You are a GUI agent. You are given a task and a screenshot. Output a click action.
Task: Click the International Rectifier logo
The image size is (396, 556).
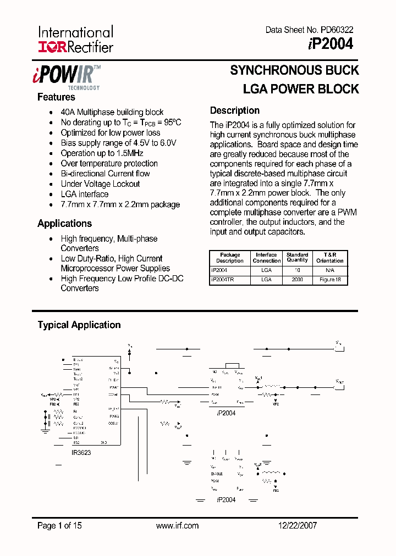[x=75, y=40]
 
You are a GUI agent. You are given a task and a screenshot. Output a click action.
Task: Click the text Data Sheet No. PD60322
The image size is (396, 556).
[x=309, y=30]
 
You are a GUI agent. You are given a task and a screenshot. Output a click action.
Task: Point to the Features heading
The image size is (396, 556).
[x=56, y=97]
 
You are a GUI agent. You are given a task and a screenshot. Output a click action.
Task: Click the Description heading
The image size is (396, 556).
[x=235, y=110]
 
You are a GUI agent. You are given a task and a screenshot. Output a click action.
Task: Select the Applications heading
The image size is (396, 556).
[x=64, y=224]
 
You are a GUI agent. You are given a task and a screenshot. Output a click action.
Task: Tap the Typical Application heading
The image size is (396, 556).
[x=79, y=325]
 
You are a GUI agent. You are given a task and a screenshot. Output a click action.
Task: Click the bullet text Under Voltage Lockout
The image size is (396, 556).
[x=100, y=184]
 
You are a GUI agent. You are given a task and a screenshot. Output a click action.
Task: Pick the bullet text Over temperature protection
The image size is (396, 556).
[x=109, y=164]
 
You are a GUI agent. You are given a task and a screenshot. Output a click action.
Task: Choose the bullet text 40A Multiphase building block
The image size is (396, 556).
[x=112, y=112]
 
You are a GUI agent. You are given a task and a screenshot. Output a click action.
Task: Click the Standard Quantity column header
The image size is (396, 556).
[x=297, y=258]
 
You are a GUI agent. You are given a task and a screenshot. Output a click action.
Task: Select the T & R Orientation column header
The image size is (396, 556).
[x=330, y=258]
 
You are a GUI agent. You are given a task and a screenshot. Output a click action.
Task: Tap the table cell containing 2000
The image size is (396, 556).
[x=297, y=280]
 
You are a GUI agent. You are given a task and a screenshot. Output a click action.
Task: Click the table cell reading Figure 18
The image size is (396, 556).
[x=330, y=280]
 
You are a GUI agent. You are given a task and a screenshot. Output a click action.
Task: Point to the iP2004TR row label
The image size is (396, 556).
[x=223, y=280]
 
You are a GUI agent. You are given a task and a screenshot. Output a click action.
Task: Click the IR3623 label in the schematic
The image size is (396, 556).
[x=81, y=452]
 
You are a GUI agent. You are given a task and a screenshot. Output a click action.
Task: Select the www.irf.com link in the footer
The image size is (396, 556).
[x=177, y=526]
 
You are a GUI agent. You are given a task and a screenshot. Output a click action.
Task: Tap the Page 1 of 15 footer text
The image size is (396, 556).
[x=59, y=526]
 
